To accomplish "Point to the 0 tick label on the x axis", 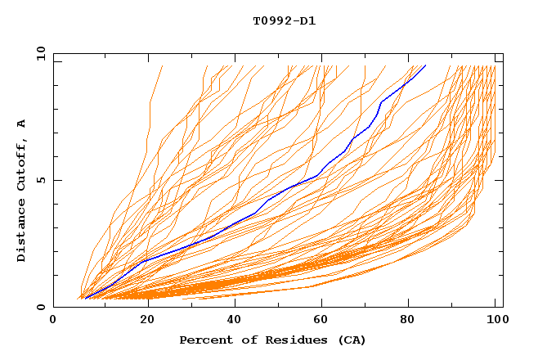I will coord(53,321).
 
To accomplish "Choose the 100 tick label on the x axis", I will coord(495,321).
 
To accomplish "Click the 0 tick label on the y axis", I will coord(40,307).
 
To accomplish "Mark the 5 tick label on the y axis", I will coord(40,180).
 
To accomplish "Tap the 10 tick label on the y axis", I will coord(38,53).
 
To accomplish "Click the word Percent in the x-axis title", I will coord(204,340).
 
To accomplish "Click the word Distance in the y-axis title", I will coord(21,229).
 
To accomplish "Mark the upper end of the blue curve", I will coord(425,65).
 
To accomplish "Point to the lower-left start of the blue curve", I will coord(85,299).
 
